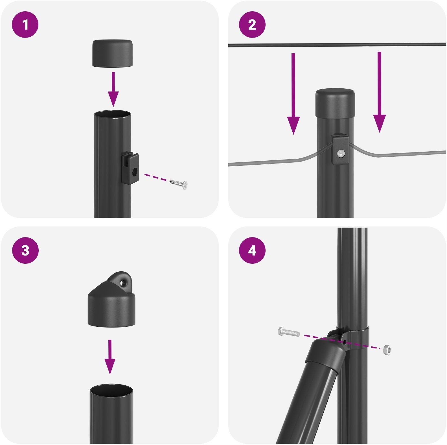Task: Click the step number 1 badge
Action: click(x=25, y=25)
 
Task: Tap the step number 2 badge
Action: click(x=252, y=25)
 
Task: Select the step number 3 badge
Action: click(x=25, y=250)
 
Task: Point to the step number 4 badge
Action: click(x=252, y=250)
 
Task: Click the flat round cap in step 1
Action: click(x=113, y=54)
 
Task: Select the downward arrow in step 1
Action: click(x=113, y=89)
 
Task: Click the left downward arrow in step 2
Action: click(x=293, y=93)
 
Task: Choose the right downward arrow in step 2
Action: click(x=380, y=92)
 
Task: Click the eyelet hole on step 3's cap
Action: click(x=122, y=282)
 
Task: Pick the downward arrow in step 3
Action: click(x=110, y=357)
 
